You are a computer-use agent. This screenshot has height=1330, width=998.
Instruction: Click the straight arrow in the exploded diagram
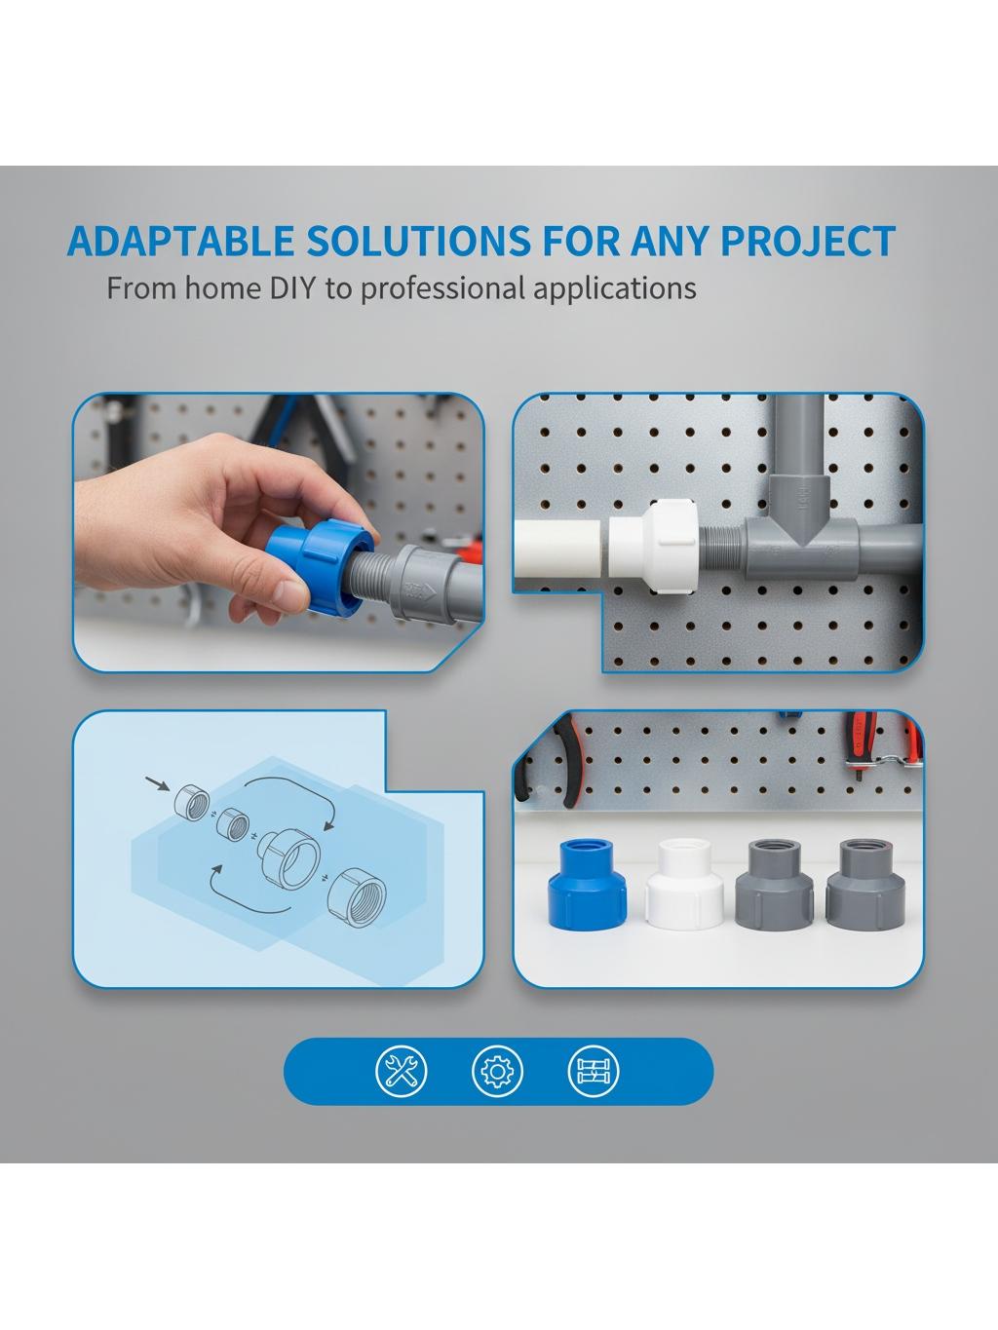click(158, 783)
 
